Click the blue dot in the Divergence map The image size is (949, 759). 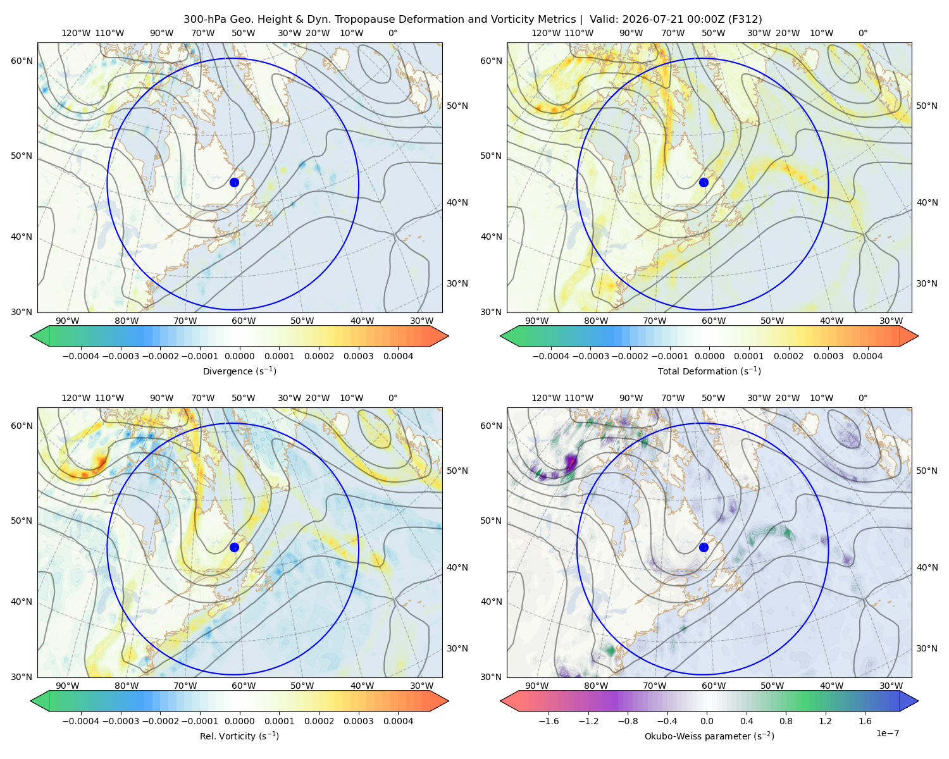[234, 182]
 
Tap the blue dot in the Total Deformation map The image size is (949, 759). [704, 182]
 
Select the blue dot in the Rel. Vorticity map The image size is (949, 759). [234, 547]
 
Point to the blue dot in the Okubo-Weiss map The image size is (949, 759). [704, 547]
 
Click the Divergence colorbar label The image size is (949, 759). [239, 371]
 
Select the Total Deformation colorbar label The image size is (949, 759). [709, 371]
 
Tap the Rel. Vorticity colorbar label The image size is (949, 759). [239, 736]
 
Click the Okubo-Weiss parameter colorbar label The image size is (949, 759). [709, 736]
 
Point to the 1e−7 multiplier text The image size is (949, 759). [887, 733]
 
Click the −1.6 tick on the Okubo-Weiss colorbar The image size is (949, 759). [549, 721]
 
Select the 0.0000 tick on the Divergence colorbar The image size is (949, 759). [239, 356]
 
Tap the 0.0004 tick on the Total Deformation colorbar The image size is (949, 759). [867, 356]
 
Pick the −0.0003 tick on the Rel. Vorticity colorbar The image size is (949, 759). [120, 721]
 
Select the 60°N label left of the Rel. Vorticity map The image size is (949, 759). [22, 426]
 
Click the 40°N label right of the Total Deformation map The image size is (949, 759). [927, 202]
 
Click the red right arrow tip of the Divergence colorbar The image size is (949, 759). [448, 336]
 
